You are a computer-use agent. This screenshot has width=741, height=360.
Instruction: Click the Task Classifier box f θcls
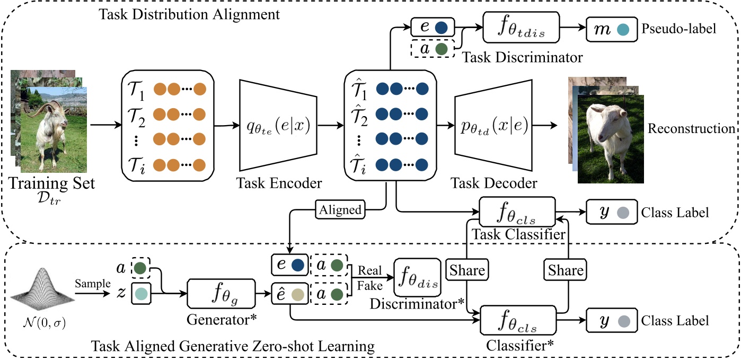click(517, 213)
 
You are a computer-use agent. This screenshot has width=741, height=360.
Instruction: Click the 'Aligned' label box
click(340, 209)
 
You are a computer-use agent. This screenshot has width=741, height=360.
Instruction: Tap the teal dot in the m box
click(623, 30)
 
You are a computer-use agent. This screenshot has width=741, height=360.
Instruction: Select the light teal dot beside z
click(142, 293)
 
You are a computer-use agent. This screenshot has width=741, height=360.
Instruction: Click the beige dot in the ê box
click(297, 294)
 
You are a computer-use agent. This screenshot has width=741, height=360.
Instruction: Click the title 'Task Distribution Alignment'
click(189, 14)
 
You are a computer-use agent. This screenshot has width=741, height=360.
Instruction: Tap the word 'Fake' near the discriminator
click(369, 286)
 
